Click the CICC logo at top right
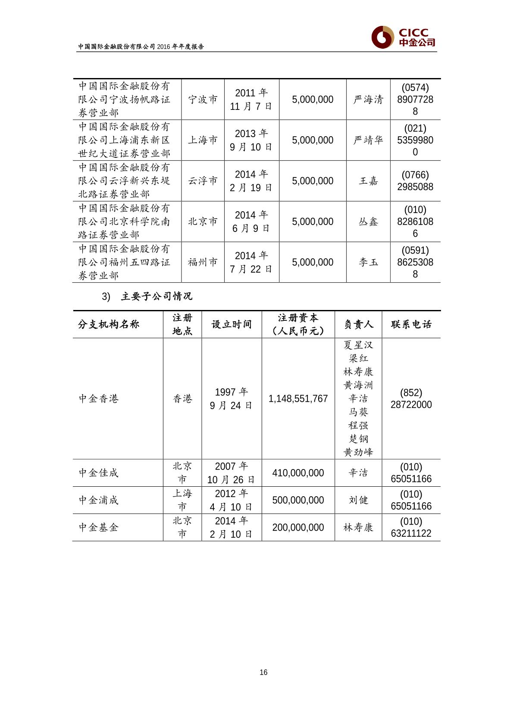[404, 37]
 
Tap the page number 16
[263, 672]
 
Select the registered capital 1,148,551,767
[298, 399]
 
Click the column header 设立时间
[231, 324]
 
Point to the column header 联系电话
[411, 324]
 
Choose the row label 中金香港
[98, 399]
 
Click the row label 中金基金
[98, 527]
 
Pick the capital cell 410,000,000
[298, 473]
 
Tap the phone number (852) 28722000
[411, 399]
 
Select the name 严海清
[368, 100]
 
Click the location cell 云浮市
[203, 181]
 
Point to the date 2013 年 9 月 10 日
[251, 141]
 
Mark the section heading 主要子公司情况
[156, 297]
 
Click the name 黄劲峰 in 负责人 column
[358, 452]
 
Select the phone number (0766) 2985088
[415, 181]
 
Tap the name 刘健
[358, 500]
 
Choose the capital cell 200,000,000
[298, 527]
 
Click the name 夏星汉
[358, 345]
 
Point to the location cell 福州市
[203, 262]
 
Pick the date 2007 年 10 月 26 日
[231, 473]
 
